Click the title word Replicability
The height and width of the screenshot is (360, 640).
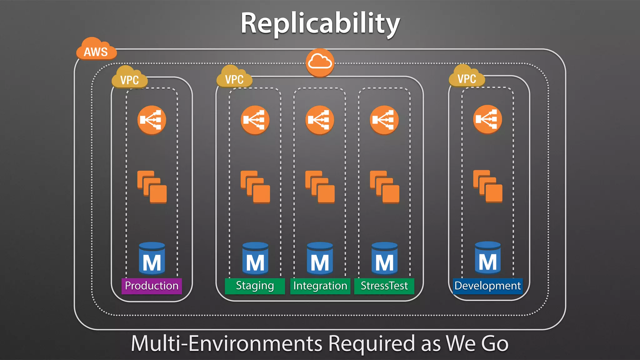pos(320,24)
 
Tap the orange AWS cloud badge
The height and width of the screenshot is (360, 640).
pos(96,50)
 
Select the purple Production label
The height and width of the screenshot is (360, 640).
pos(152,286)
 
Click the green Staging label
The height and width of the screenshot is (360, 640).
pos(255,286)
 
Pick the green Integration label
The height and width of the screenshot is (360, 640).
pos(320,286)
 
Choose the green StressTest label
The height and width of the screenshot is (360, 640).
pos(384,286)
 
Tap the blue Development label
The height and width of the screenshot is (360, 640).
pos(487,286)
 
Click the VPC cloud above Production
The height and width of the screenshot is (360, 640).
pos(129,78)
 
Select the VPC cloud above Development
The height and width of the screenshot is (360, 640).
pos(467,77)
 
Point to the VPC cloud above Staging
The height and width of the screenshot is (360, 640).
pos(234,77)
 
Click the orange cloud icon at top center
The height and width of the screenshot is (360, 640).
pos(320,62)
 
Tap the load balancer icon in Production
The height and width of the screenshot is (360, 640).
pos(152,120)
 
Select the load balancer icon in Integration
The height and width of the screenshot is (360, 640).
pos(319,120)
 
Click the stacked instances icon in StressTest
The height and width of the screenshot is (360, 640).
pos(384,187)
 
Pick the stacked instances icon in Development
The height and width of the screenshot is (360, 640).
pos(487,186)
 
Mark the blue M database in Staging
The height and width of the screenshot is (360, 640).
pos(255,258)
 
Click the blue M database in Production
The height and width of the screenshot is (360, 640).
pos(152,258)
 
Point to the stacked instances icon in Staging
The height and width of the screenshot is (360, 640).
pos(255,187)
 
